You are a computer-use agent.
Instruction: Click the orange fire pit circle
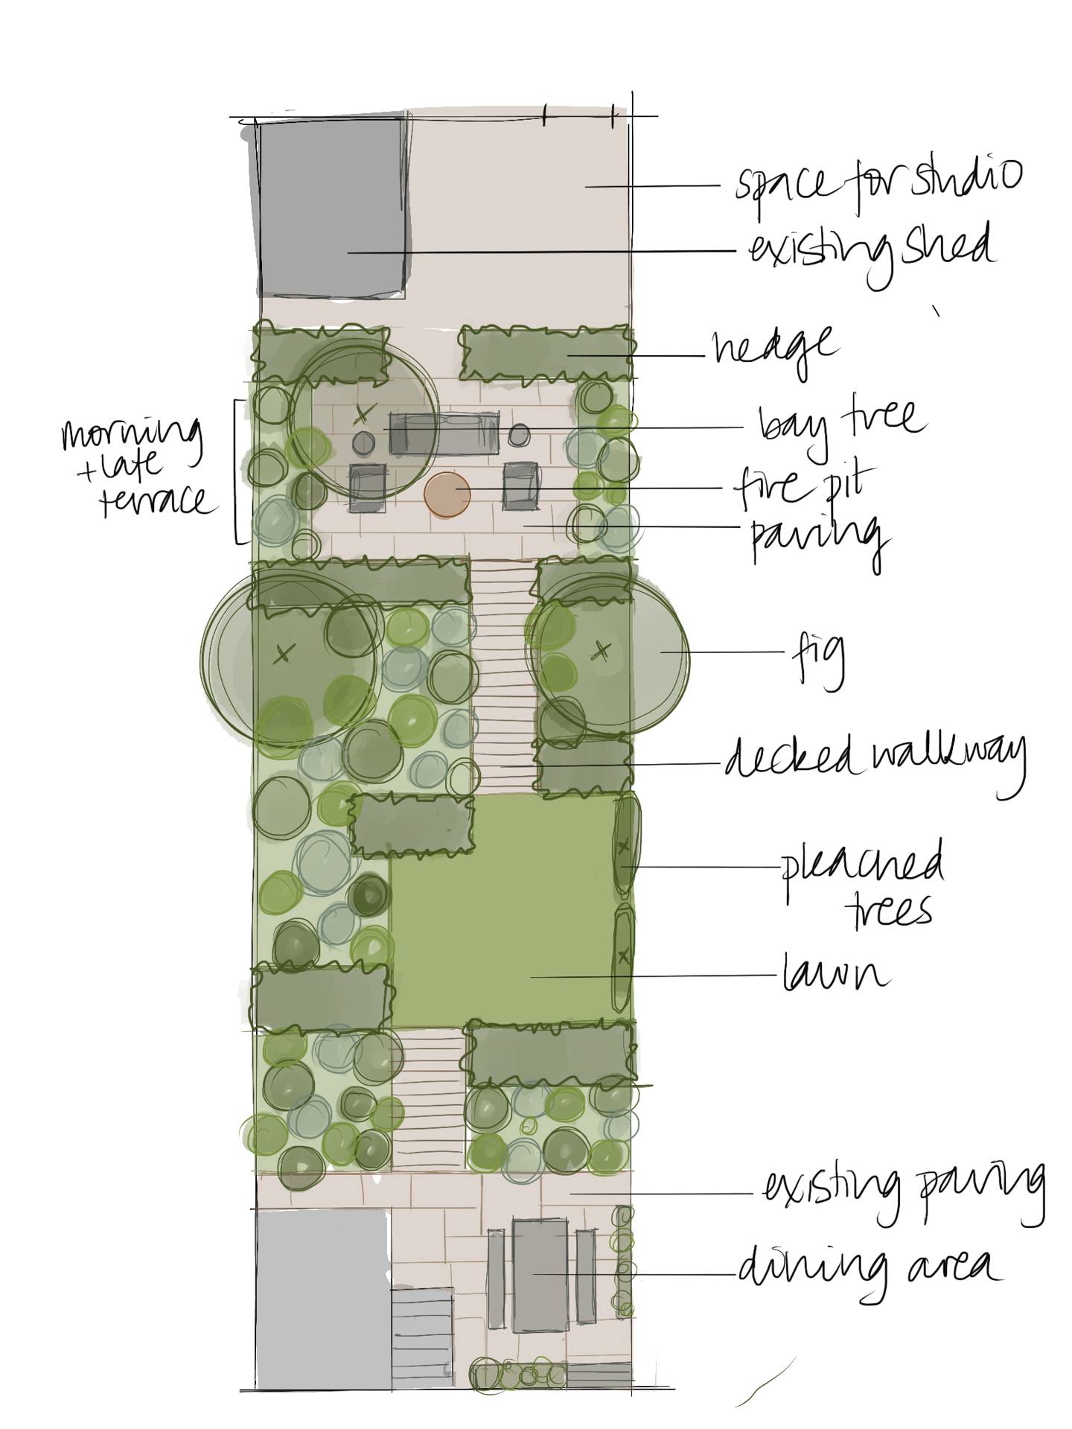(x=447, y=494)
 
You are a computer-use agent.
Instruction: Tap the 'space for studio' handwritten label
(x=878, y=182)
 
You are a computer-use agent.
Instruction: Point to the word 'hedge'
(x=774, y=349)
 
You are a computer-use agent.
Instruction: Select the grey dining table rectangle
(x=543, y=1274)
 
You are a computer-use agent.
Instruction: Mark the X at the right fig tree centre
(x=599, y=652)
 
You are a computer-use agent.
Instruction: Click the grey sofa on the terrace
(x=444, y=433)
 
